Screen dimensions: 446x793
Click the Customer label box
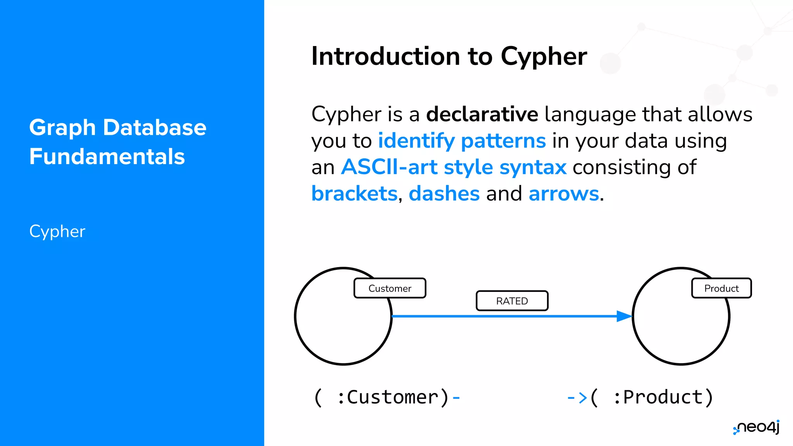pos(390,288)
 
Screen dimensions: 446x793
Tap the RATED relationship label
pos(512,301)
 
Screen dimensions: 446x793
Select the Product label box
pos(721,288)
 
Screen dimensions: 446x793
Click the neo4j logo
pos(757,427)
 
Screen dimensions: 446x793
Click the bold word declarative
pos(482,114)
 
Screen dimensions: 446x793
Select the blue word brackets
pos(354,193)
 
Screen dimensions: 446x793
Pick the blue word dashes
pos(444,193)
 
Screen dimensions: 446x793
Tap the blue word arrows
pos(563,193)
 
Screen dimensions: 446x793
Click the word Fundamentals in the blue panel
pos(107,156)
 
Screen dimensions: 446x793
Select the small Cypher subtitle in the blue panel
pos(57,232)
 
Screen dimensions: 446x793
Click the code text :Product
pos(658,397)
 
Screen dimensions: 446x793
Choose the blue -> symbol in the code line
pos(577,398)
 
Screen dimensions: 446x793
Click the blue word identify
pos(416,141)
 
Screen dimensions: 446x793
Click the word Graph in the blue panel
pos(62,128)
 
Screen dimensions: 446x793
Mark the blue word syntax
pos(533,168)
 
